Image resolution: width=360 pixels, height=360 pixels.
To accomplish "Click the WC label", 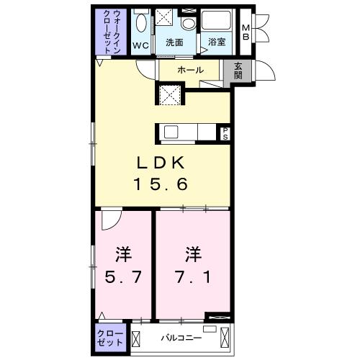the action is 140,45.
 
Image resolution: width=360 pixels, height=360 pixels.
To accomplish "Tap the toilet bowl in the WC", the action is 142,22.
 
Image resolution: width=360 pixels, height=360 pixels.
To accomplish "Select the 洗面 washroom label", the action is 174,42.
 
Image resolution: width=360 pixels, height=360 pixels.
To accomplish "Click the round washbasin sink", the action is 189,23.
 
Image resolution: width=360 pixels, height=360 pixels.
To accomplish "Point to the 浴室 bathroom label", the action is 217,42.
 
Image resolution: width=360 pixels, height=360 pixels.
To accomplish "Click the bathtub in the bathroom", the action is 216,20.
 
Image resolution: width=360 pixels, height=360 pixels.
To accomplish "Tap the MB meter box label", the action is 246,32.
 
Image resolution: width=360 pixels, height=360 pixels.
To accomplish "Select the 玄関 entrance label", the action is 238,71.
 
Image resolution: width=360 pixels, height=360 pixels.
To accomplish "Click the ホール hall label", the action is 191,70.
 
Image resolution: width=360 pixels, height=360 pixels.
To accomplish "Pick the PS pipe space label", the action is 225,134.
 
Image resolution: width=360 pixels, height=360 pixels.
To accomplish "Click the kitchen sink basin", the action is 171,132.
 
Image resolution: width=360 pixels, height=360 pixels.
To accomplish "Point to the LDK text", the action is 161,163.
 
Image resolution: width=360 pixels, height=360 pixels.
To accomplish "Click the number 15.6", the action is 161,184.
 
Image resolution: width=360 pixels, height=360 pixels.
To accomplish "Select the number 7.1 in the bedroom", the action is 193,277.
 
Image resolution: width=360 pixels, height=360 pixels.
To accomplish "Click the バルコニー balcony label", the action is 181,338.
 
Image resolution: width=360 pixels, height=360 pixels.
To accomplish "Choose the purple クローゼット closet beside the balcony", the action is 111,338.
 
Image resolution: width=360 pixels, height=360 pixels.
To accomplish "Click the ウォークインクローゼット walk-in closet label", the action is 111,32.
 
